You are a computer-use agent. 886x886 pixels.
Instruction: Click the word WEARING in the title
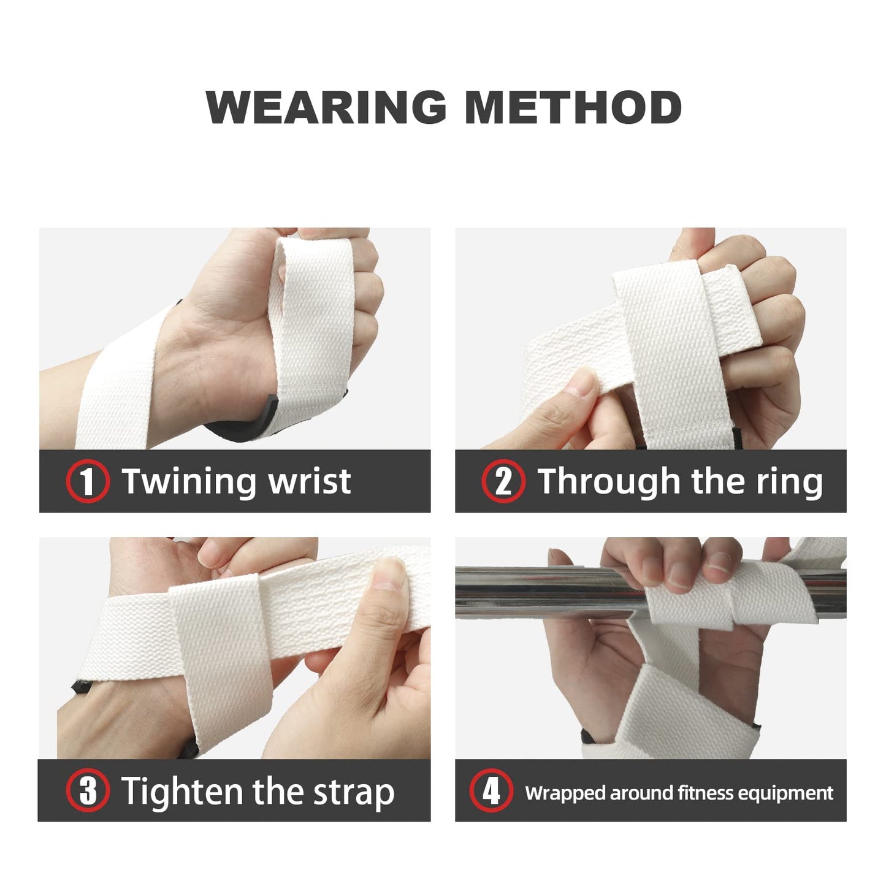click(326, 108)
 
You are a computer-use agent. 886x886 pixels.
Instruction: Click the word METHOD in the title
click(573, 108)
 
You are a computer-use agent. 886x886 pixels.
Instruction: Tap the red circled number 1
click(88, 481)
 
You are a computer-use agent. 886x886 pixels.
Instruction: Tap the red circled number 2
click(503, 481)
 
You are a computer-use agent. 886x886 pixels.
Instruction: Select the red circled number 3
click(88, 790)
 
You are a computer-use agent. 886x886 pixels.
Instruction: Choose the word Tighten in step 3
click(181, 791)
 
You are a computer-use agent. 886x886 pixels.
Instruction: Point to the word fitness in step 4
click(706, 793)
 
